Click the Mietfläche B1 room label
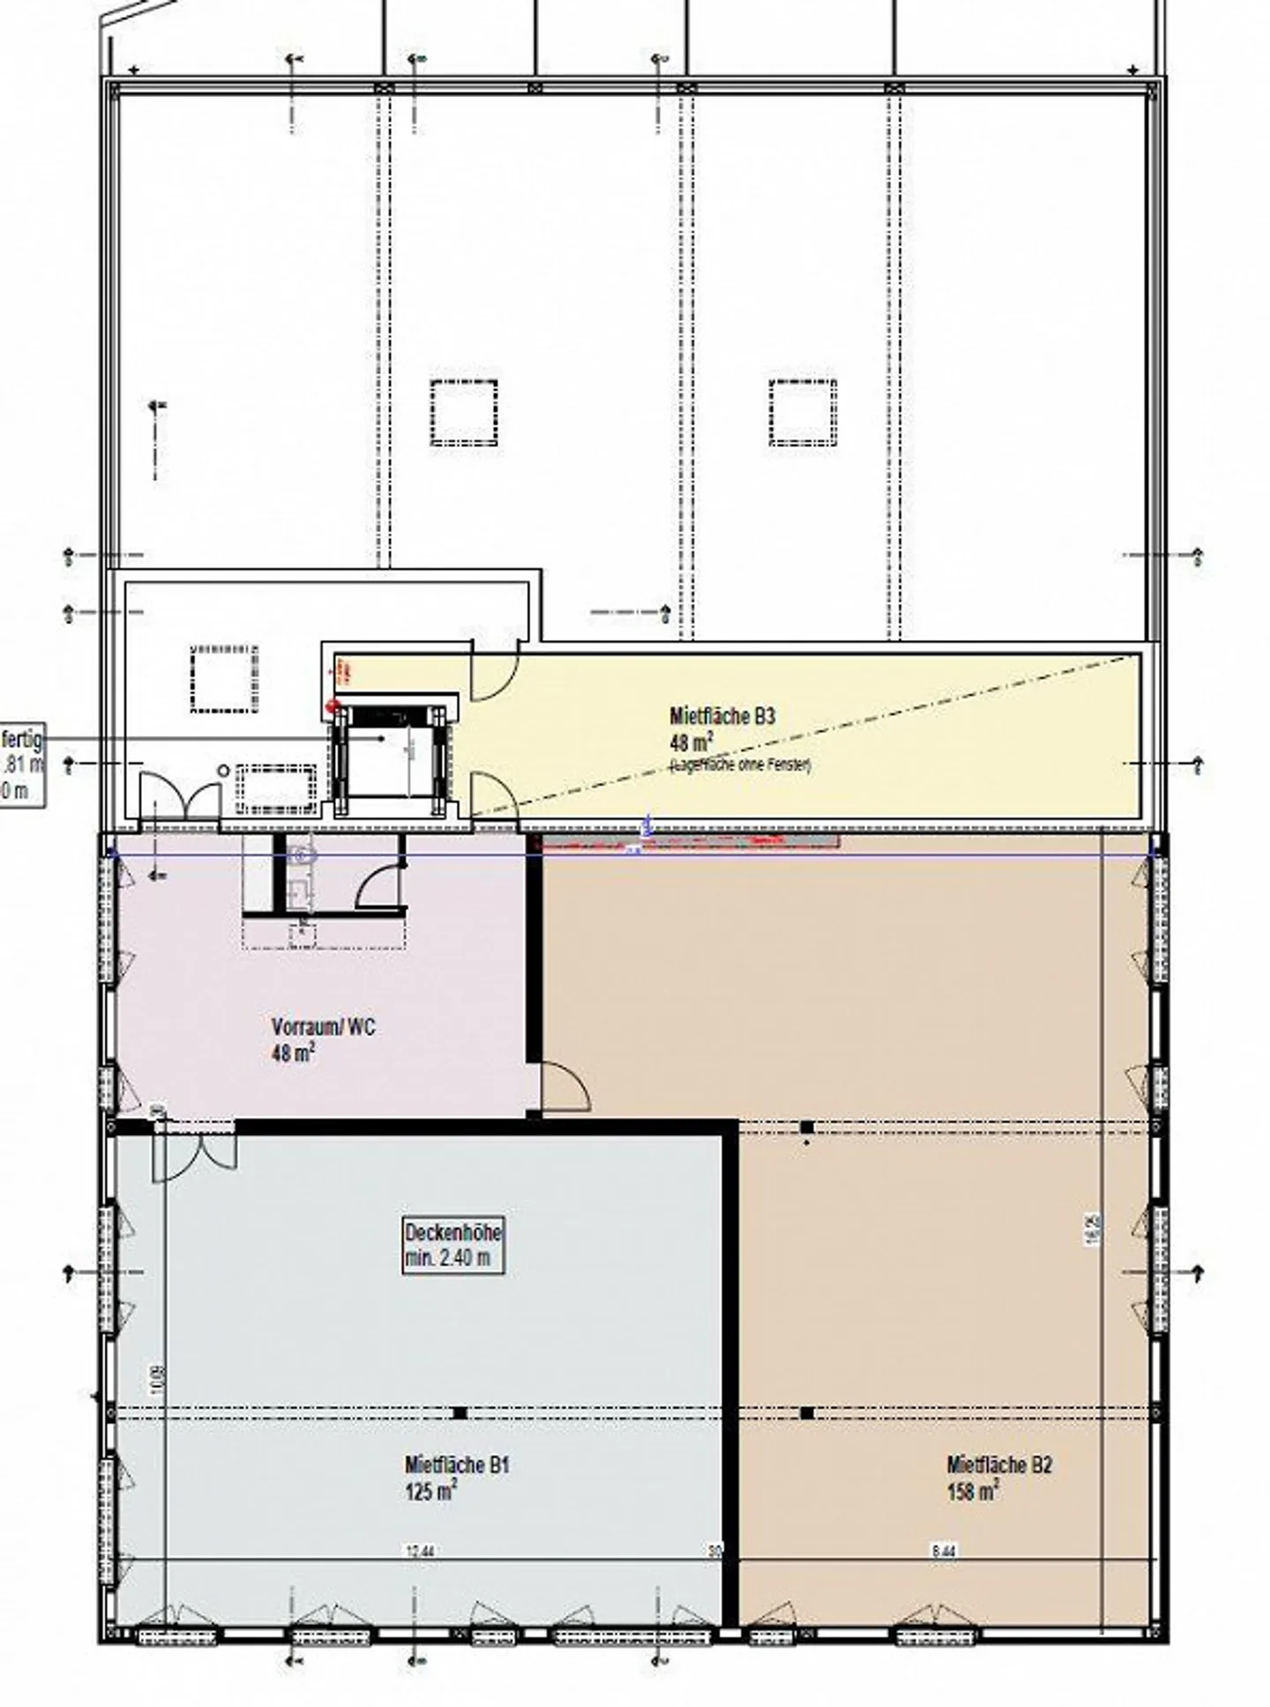click(457, 1465)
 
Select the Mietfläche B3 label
click(721, 717)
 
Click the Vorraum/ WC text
click(323, 1027)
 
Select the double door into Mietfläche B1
click(194, 1151)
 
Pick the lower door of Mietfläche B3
click(492, 794)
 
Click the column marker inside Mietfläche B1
click(459, 1413)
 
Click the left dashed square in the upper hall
click(464, 413)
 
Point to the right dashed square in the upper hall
click(803, 413)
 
